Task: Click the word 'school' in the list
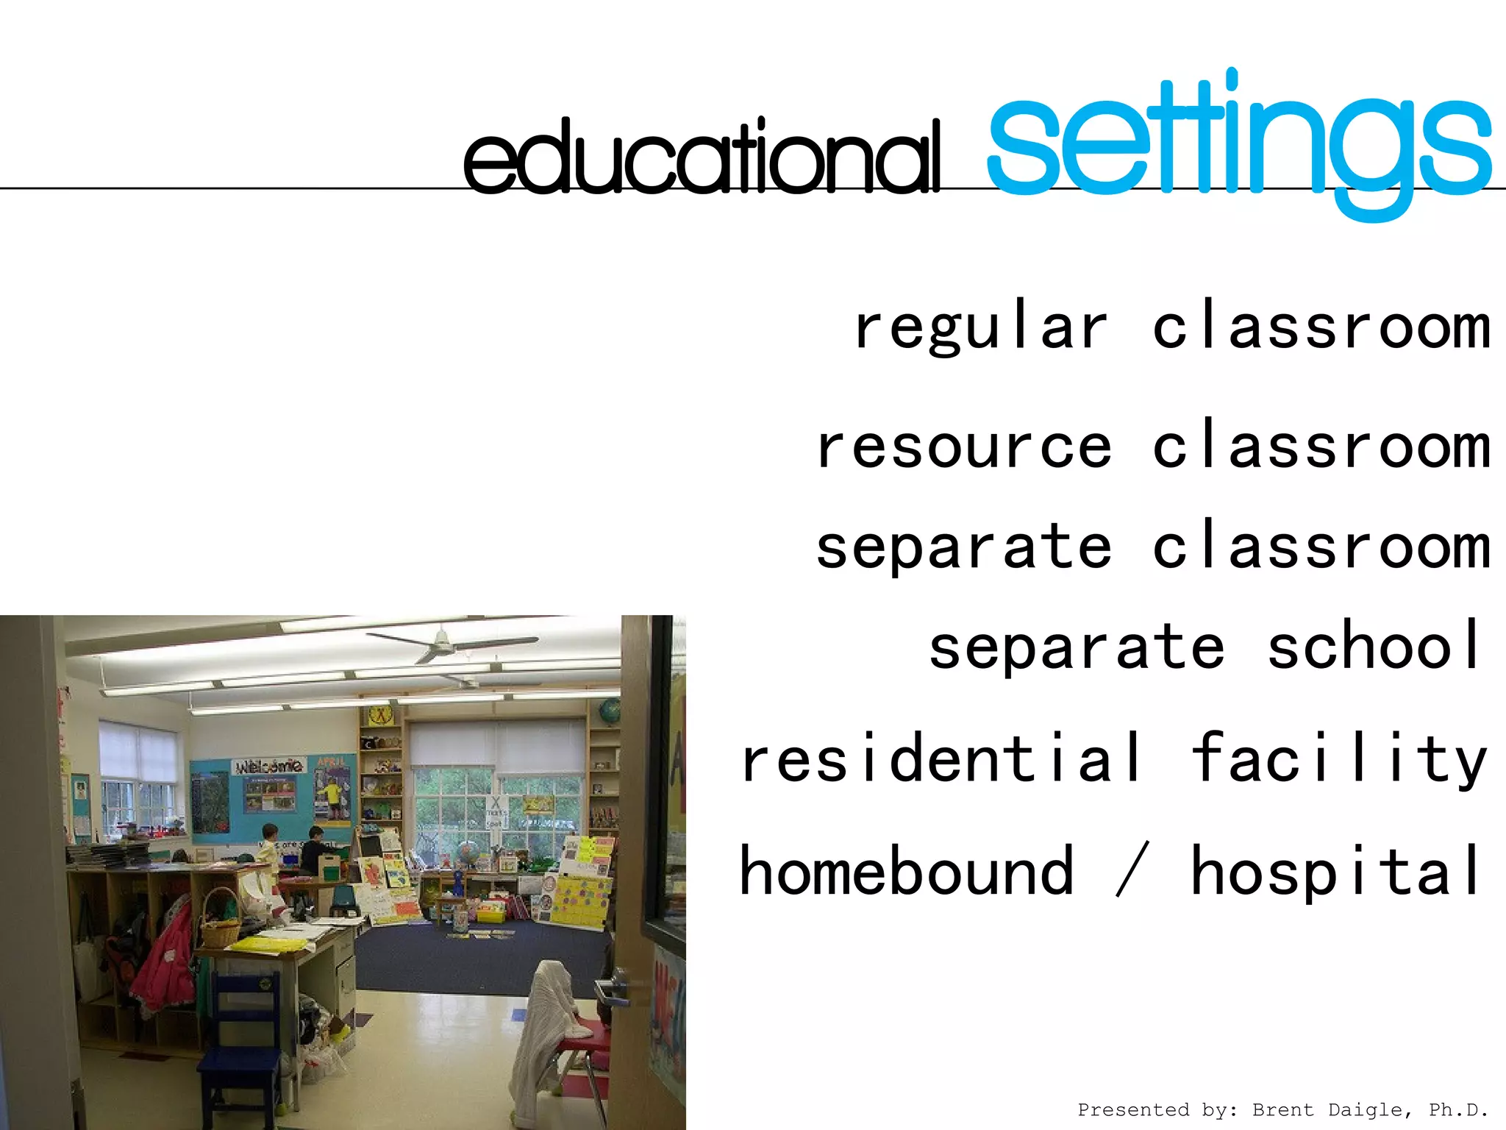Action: [x=1374, y=646]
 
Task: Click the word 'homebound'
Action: [x=906, y=871]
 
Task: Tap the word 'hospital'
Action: [x=1335, y=871]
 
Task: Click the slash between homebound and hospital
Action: [x=1132, y=871]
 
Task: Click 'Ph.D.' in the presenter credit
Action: [x=1458, y=1110]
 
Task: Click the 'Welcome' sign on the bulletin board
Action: [x=268, y=767]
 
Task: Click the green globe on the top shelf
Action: [x=610, y=712]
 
